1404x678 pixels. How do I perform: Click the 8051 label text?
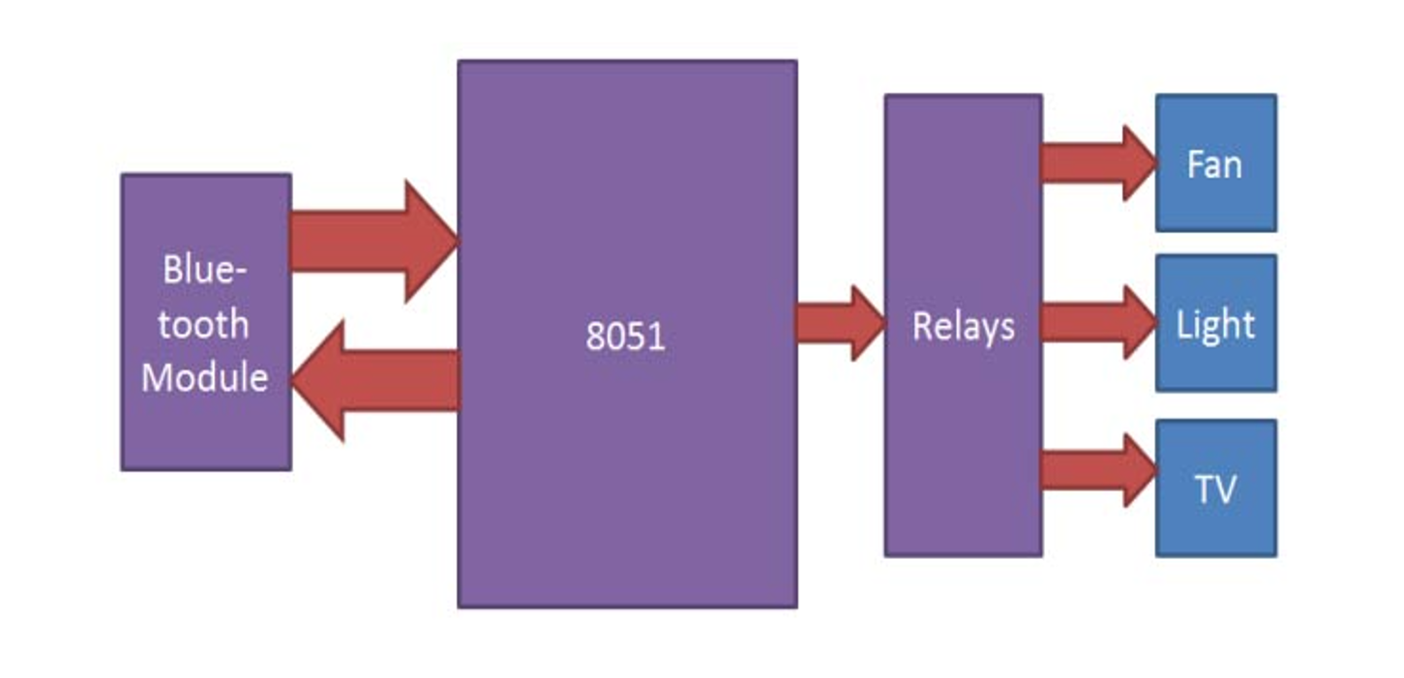click(626, 336)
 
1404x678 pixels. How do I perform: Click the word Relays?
click(964, 327)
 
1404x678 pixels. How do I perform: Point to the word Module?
click(205, 376)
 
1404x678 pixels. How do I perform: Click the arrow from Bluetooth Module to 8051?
click(373, 241)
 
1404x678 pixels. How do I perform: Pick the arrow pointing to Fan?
click(1097, 163)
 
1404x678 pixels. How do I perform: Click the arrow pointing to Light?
click(1097, 323)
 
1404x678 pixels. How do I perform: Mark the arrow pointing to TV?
click(1097, 470)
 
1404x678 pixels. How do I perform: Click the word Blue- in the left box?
click(205, 270)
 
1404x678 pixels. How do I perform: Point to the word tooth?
click(204, 323)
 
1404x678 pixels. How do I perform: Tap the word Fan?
click(1214, 164)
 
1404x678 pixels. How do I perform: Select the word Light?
click(1215, 325)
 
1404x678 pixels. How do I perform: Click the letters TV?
click(1215, 489)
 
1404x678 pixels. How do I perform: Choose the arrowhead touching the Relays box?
click(867, 323)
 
